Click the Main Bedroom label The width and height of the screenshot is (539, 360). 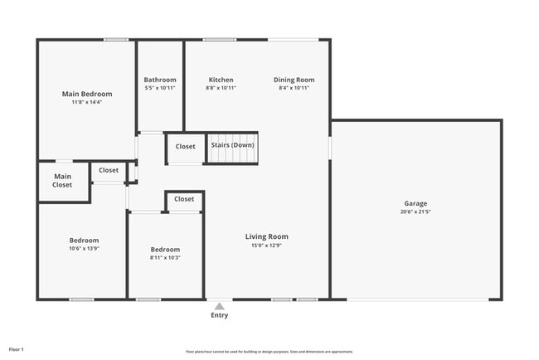87,94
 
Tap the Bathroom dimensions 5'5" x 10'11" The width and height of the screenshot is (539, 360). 160,88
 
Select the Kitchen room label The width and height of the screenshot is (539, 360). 221,80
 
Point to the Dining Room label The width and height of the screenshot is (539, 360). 294,80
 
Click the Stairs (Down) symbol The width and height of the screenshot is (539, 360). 232,146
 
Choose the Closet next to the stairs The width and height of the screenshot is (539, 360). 185,147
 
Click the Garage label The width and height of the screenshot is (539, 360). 415,203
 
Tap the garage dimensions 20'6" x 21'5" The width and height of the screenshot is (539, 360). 415,212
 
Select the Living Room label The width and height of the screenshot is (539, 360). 266,236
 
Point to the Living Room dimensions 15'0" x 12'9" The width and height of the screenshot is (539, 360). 266,246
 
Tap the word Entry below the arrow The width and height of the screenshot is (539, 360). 220,315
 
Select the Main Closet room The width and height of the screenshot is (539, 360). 62,181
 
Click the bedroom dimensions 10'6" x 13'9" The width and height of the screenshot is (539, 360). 84,249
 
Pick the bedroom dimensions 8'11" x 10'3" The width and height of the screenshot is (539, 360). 164,258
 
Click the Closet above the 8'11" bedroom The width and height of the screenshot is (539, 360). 184,199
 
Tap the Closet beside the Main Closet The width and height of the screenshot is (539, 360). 109,170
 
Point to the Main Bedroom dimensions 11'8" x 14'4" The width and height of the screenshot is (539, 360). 87,103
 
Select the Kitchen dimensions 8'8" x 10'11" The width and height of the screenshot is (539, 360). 221,88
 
